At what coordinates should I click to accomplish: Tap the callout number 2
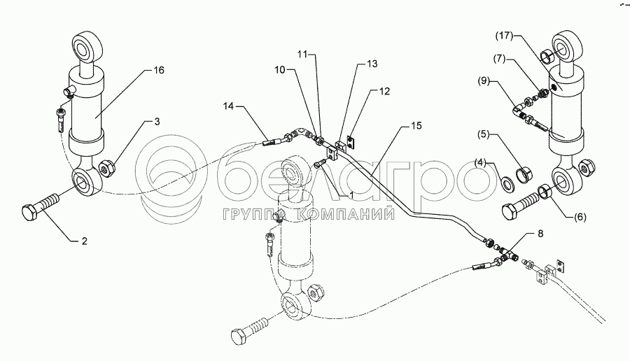83,241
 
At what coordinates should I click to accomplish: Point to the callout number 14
228,106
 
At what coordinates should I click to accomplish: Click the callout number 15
416,127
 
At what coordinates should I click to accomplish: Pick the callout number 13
372,63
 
